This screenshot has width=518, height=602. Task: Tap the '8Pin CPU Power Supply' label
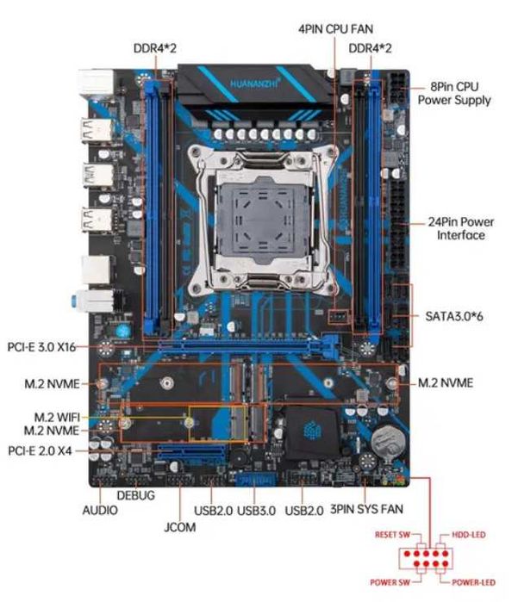(x=454, y=94)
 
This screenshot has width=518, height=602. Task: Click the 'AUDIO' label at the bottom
(x=100, y=510)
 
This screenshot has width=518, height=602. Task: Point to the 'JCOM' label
(x=178, y=527)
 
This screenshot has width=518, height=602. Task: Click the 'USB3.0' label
(x=255, y=511)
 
